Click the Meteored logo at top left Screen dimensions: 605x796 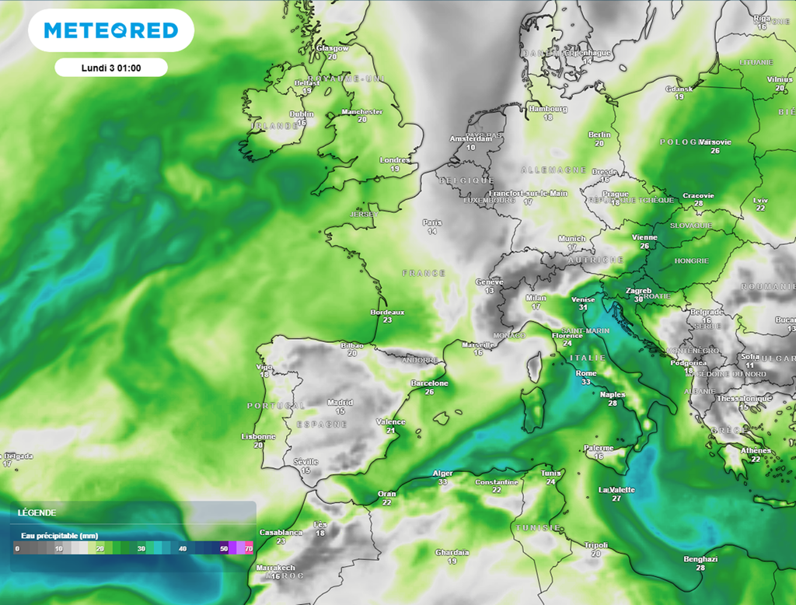tap(111, 30)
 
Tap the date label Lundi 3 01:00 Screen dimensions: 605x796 tap(110, 68)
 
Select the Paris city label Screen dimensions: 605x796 tap(432, 222)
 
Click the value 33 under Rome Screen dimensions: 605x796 tap(585, 383)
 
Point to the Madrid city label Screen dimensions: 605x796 tap(340, 402)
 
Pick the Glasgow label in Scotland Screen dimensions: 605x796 tap(333, 48)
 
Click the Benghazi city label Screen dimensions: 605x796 tap(700, 559)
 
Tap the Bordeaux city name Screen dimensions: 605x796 tap(387, 312)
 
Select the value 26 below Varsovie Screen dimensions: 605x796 tap(715, 151)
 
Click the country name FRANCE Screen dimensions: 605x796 tap(424, 273)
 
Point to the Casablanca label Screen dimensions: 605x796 tap(281, 532)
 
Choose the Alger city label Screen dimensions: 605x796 tap(442, 474)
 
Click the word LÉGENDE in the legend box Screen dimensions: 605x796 tap(37, 513)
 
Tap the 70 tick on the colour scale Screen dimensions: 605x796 tap(249, 549)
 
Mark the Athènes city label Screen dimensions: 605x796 tap(756, 450)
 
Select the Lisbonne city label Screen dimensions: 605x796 tap(258, 436)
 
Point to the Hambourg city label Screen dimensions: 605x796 tap(547, 109)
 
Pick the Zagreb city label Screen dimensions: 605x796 tap(639, 291)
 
